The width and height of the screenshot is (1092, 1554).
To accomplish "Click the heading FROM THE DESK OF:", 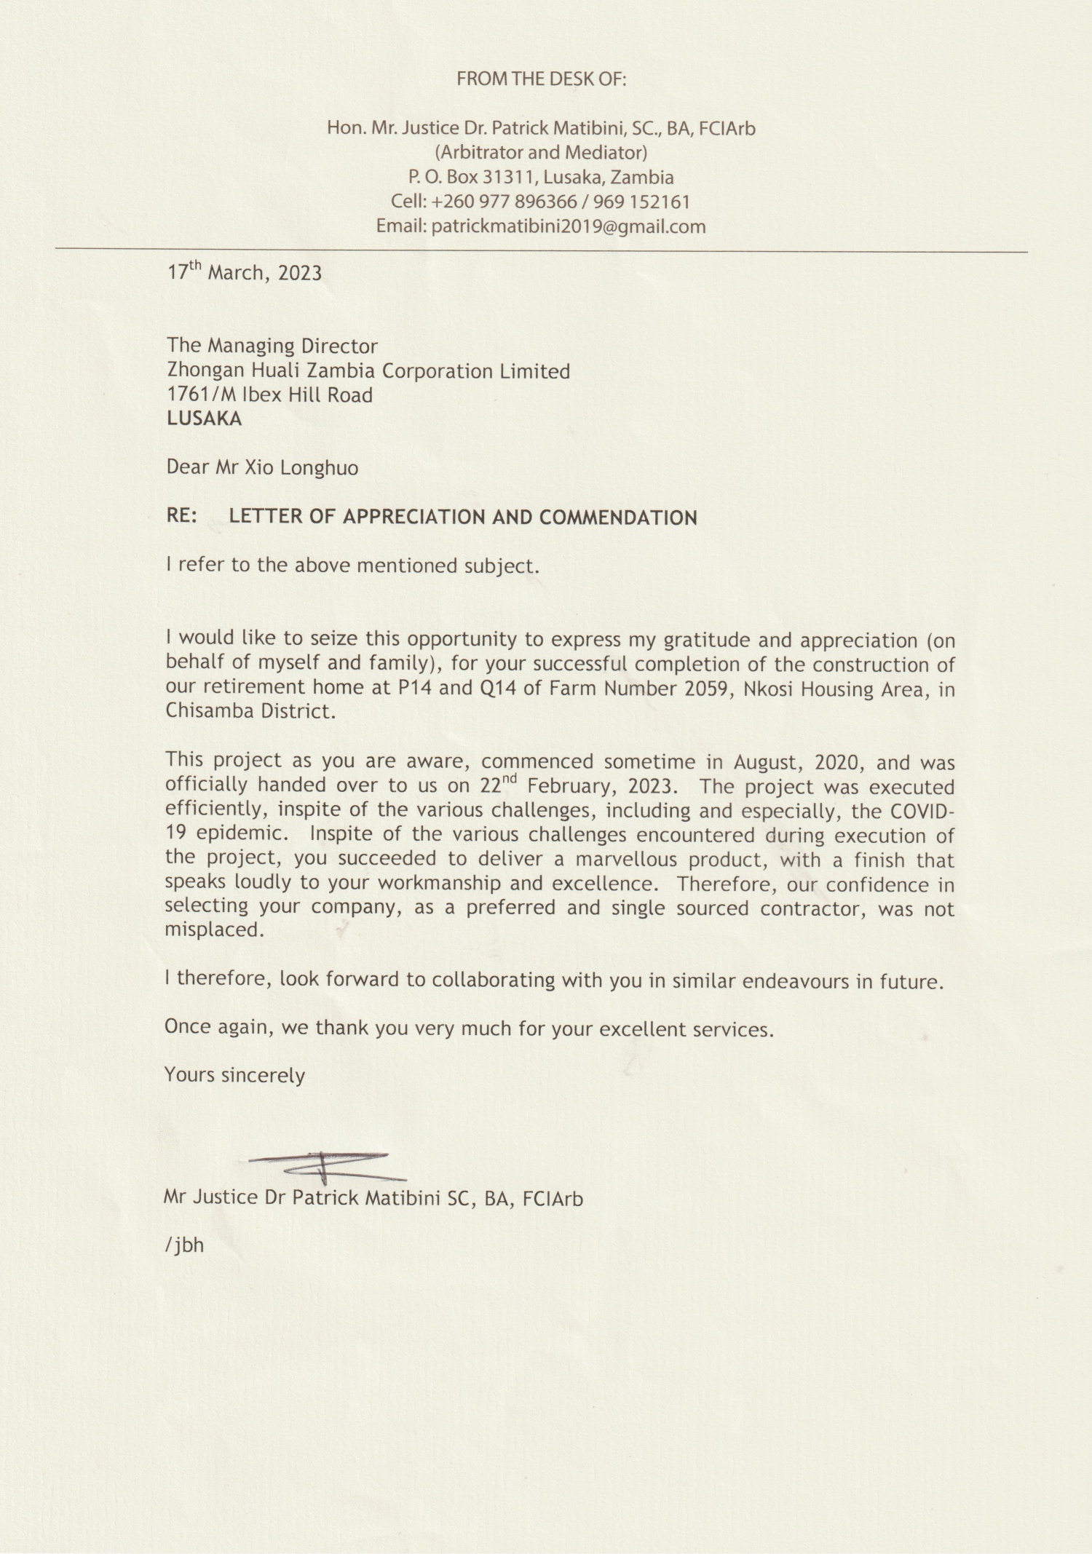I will [541, 79].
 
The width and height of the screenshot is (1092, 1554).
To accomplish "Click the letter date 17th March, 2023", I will [245, 273].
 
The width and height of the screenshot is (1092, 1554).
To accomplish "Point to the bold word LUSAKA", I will [204, 419].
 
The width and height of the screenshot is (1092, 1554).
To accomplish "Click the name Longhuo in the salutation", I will [320, 467].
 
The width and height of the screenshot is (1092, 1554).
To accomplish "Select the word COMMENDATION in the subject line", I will [618, 518].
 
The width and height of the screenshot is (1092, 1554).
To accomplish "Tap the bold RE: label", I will [181, 517].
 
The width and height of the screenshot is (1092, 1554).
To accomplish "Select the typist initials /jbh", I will [184, 1245].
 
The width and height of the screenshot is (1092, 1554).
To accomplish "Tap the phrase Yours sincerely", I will [234, 1075].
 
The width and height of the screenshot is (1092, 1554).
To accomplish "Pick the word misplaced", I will [212, 930].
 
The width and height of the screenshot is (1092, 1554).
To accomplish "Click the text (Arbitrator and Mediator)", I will [541, 153].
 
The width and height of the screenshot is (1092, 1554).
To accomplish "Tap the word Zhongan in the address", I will [206, 371].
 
